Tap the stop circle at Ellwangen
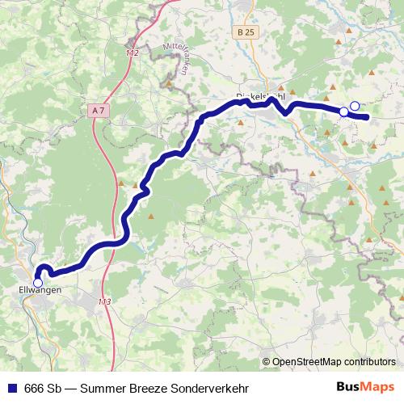38,282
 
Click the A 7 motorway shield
98,109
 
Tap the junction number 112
133,53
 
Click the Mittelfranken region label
175,59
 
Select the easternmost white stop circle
354,106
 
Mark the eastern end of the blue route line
368,118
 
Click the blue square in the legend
11,387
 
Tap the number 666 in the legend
34,387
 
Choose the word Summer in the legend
103,387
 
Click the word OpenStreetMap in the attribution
313,362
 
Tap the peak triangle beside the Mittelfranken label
168,83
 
